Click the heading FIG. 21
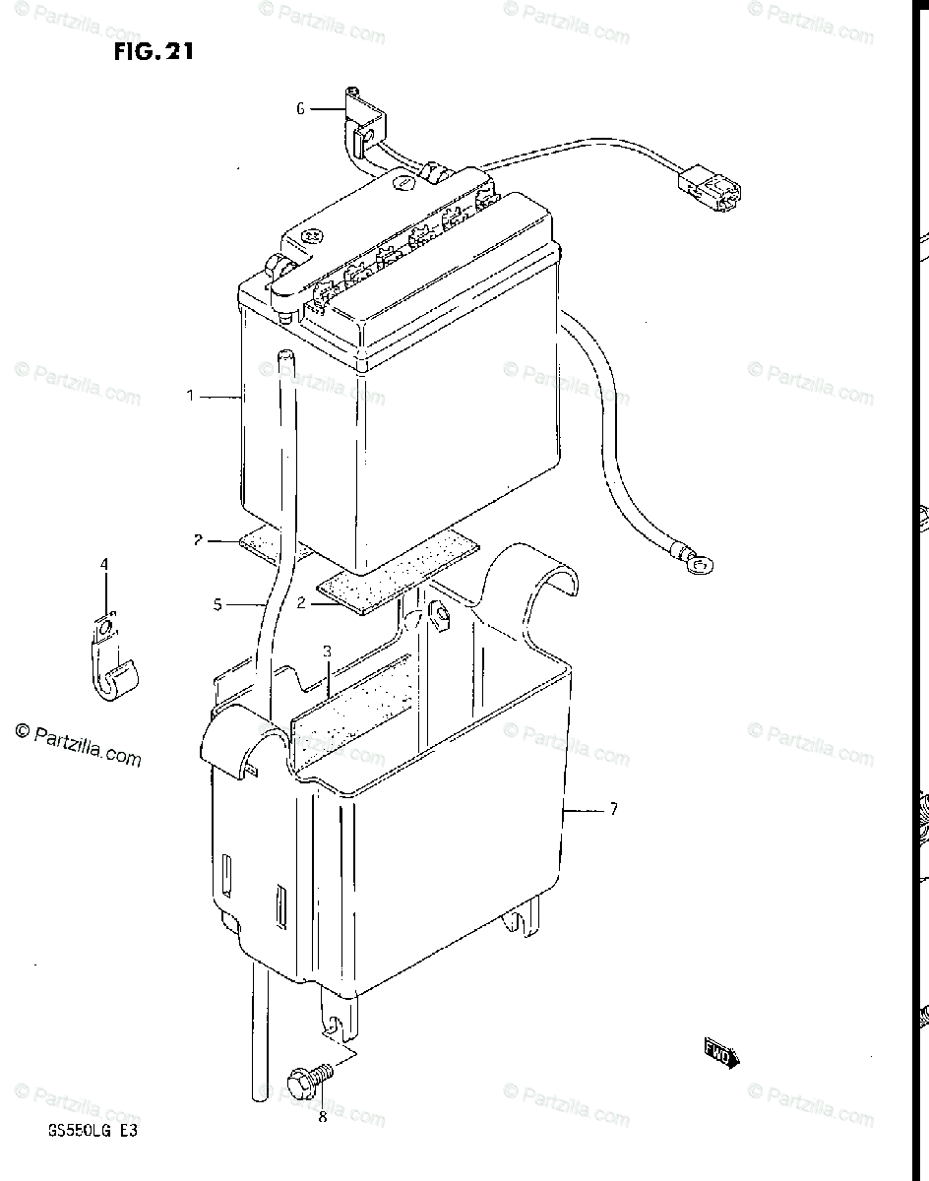153,51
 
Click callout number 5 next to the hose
217,605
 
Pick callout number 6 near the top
301,109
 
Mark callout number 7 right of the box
613,809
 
